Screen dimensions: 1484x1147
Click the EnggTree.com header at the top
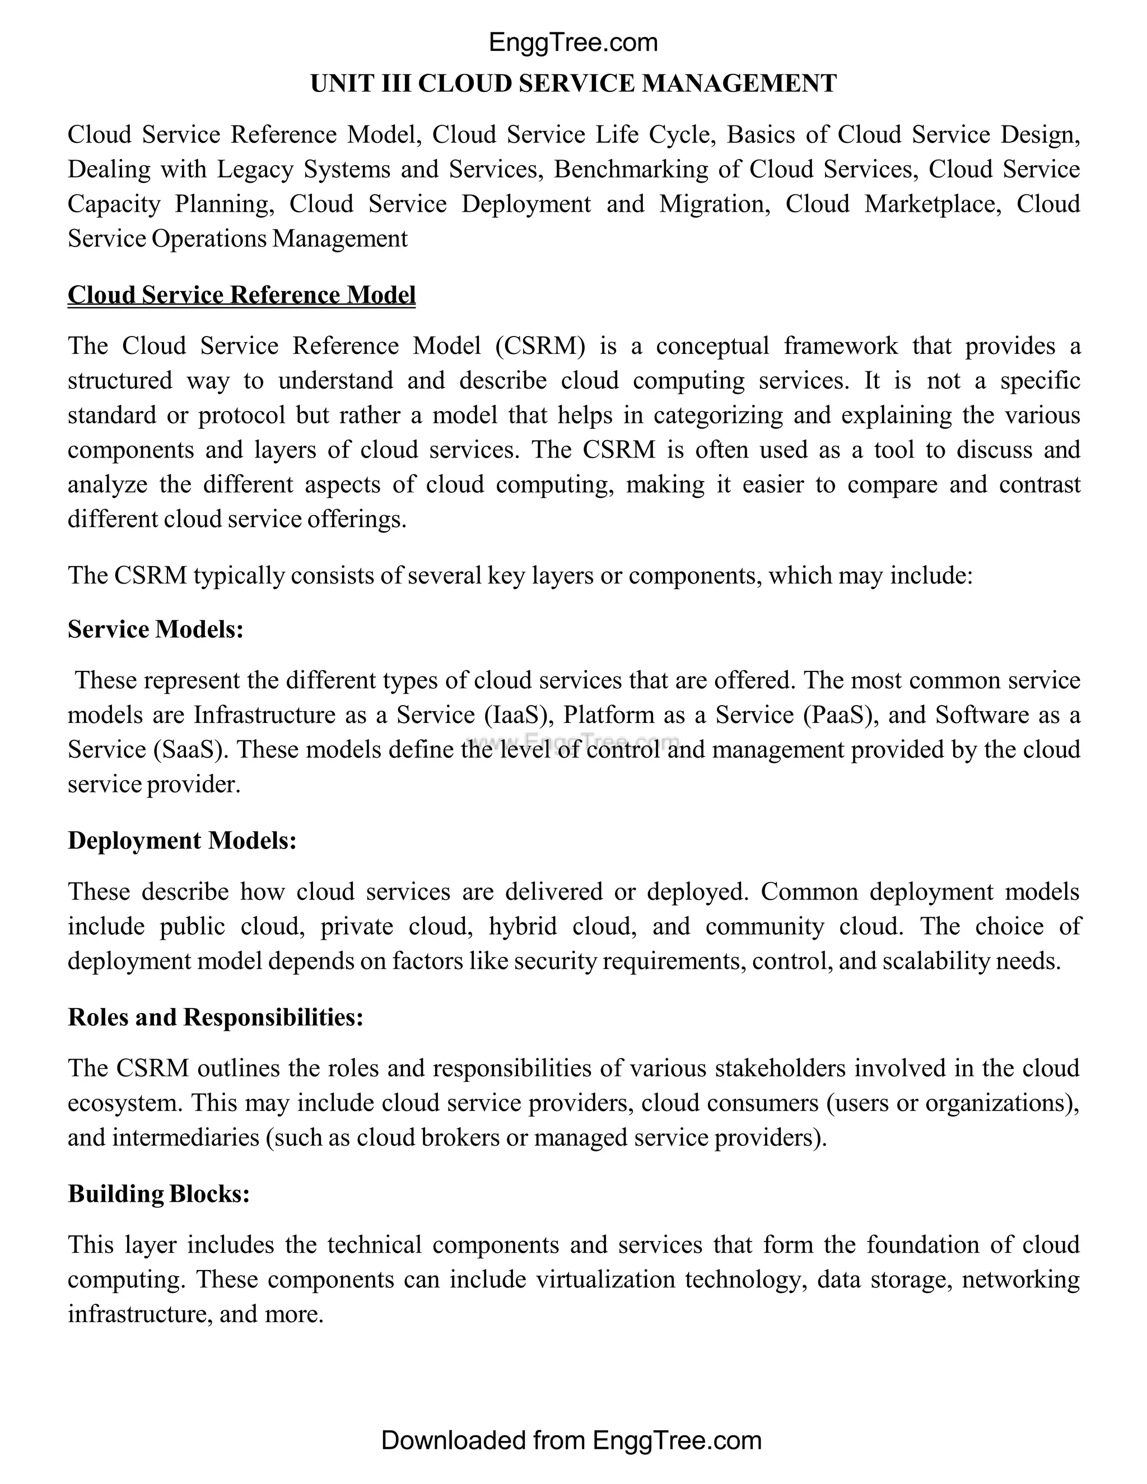tap(573, 43)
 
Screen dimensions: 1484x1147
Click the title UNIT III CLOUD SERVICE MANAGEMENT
tap(573, 83)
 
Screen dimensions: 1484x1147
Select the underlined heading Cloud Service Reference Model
tap(241, 295)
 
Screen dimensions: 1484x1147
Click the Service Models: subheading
tap(156, 629)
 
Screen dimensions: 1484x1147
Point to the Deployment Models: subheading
tap(182, 841)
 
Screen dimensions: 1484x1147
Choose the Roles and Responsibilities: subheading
tap(216, 1017)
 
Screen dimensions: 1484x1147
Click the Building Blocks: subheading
tap(159, 1193)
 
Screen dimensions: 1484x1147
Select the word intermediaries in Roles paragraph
tap(185, 1137)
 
